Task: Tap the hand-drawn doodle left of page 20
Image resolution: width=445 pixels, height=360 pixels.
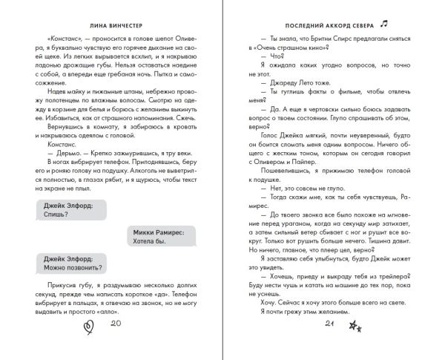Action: pos(90,344)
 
